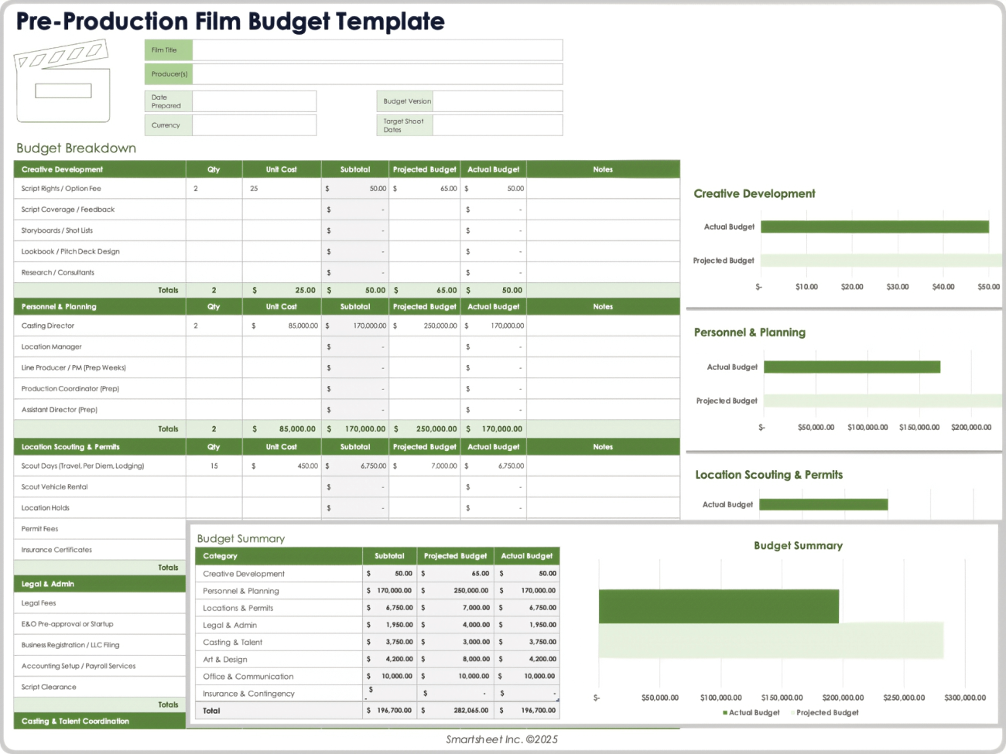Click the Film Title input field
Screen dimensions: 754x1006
coord(377,50)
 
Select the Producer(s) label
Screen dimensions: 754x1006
coord(169,74)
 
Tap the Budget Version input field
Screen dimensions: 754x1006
coord(497,101)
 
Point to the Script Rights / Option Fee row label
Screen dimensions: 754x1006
coord(61,189)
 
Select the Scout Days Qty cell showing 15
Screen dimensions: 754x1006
coord(214,466)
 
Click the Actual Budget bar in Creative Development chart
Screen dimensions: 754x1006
coord(874,227)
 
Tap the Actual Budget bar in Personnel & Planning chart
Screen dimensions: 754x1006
coord(851,367)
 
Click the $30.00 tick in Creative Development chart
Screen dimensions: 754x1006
coord(898,287)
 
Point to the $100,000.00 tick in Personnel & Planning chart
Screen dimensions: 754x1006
coord(867,428)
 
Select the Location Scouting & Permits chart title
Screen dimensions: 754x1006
coord(768,475)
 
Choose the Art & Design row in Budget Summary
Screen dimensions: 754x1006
coord(225,660)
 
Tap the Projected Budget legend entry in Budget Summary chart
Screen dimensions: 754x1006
coord(826,713)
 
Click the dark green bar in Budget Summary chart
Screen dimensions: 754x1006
coord(718,606)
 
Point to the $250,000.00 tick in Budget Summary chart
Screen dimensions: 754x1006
coord(904,698)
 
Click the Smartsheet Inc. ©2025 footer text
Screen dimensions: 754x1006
coord(501,740)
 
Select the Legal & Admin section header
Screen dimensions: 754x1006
coord(48,585)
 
